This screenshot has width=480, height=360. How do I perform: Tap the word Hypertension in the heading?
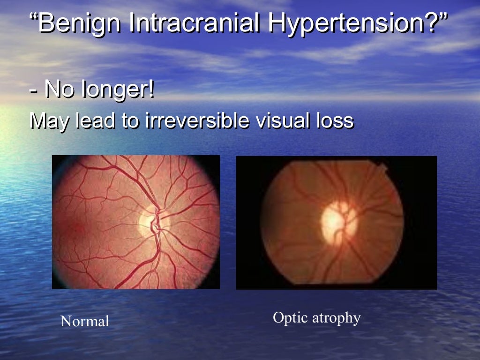point(347,23)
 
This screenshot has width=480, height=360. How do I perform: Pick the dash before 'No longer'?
point(33,90)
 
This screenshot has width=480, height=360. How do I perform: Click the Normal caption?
point(85,322)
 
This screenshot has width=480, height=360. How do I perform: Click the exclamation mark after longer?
point(151,90)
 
